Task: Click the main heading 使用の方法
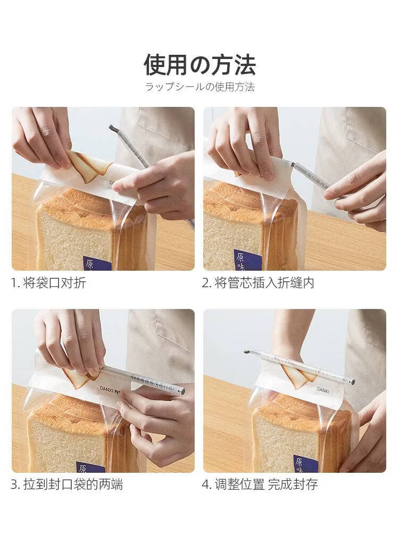(x=199, y=64)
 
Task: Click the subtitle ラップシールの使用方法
(x=199, y=87)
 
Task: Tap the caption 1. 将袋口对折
(x=48, y=283)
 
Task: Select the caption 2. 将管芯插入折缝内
(x=257, y=283)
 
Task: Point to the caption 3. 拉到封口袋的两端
(x=67, y=484)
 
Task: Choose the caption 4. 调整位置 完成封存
(x=260, y=484)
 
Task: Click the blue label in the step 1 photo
(x=97, y=264)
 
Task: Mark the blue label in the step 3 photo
(x=90, y=467)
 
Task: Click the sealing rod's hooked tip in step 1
(x=112, y=128)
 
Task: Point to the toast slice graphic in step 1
(x=88, y=168)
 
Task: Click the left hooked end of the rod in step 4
(x=246, y=352)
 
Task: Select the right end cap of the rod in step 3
(x=181, y=391)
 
